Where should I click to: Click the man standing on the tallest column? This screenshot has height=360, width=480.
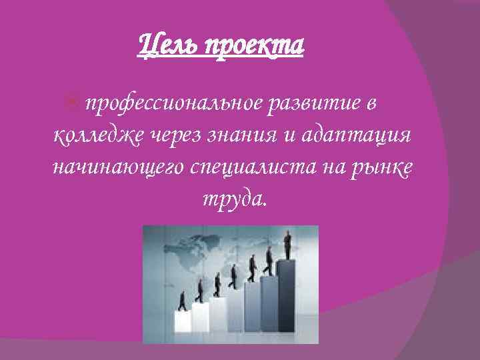288,245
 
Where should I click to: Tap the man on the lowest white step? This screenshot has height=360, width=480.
181,301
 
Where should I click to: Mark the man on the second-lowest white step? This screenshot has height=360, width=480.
199,291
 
